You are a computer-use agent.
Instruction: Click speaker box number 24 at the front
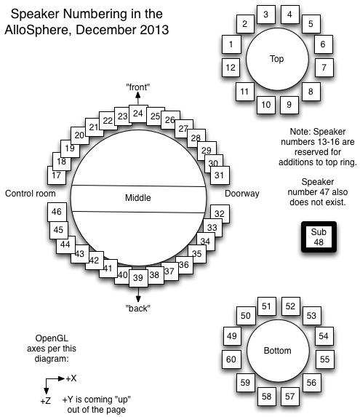coord(137,114)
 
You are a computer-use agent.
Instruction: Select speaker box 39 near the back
coord(137,277)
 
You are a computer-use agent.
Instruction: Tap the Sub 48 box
coord(321,237)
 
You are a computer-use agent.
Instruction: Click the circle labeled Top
coord(276,59)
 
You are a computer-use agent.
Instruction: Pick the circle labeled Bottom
coord(276,351)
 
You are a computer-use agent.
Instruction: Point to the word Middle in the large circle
coord(137,197)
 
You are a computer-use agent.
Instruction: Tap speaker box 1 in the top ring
coord(231,45)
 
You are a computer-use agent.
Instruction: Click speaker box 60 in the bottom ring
coord(231,360)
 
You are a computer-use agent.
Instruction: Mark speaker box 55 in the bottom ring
coord(324,360)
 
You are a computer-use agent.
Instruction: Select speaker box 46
coord(56,212)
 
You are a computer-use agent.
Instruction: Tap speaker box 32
coord(218,213)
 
